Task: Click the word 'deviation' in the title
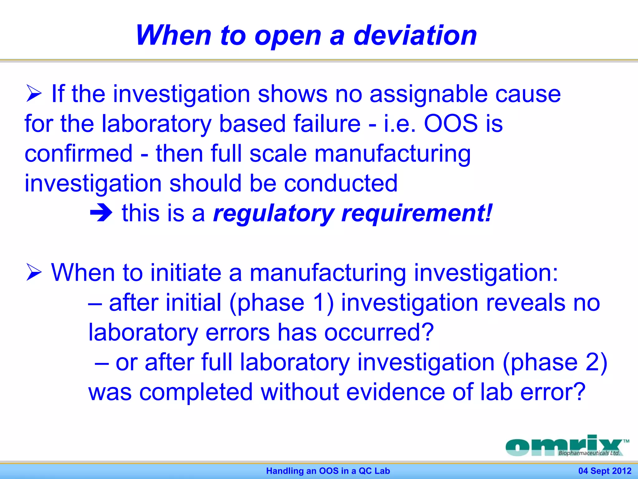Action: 415,35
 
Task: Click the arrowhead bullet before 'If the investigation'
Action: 34,93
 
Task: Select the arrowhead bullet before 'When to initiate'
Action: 34,272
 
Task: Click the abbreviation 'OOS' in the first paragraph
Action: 451,123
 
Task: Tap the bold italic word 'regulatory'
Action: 273,214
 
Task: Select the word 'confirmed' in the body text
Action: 79,153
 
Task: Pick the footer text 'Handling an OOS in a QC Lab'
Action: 328,471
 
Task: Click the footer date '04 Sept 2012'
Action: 605,471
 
